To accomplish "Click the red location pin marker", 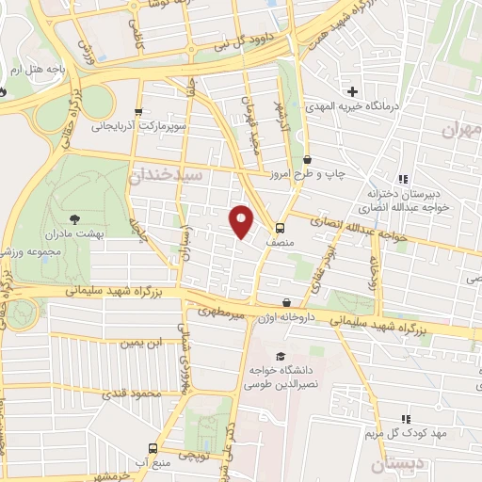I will point(242,220).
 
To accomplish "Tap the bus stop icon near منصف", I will point(280,228).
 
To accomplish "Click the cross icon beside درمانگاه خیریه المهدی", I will point(352,91).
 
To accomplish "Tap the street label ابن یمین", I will point(133,344).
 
